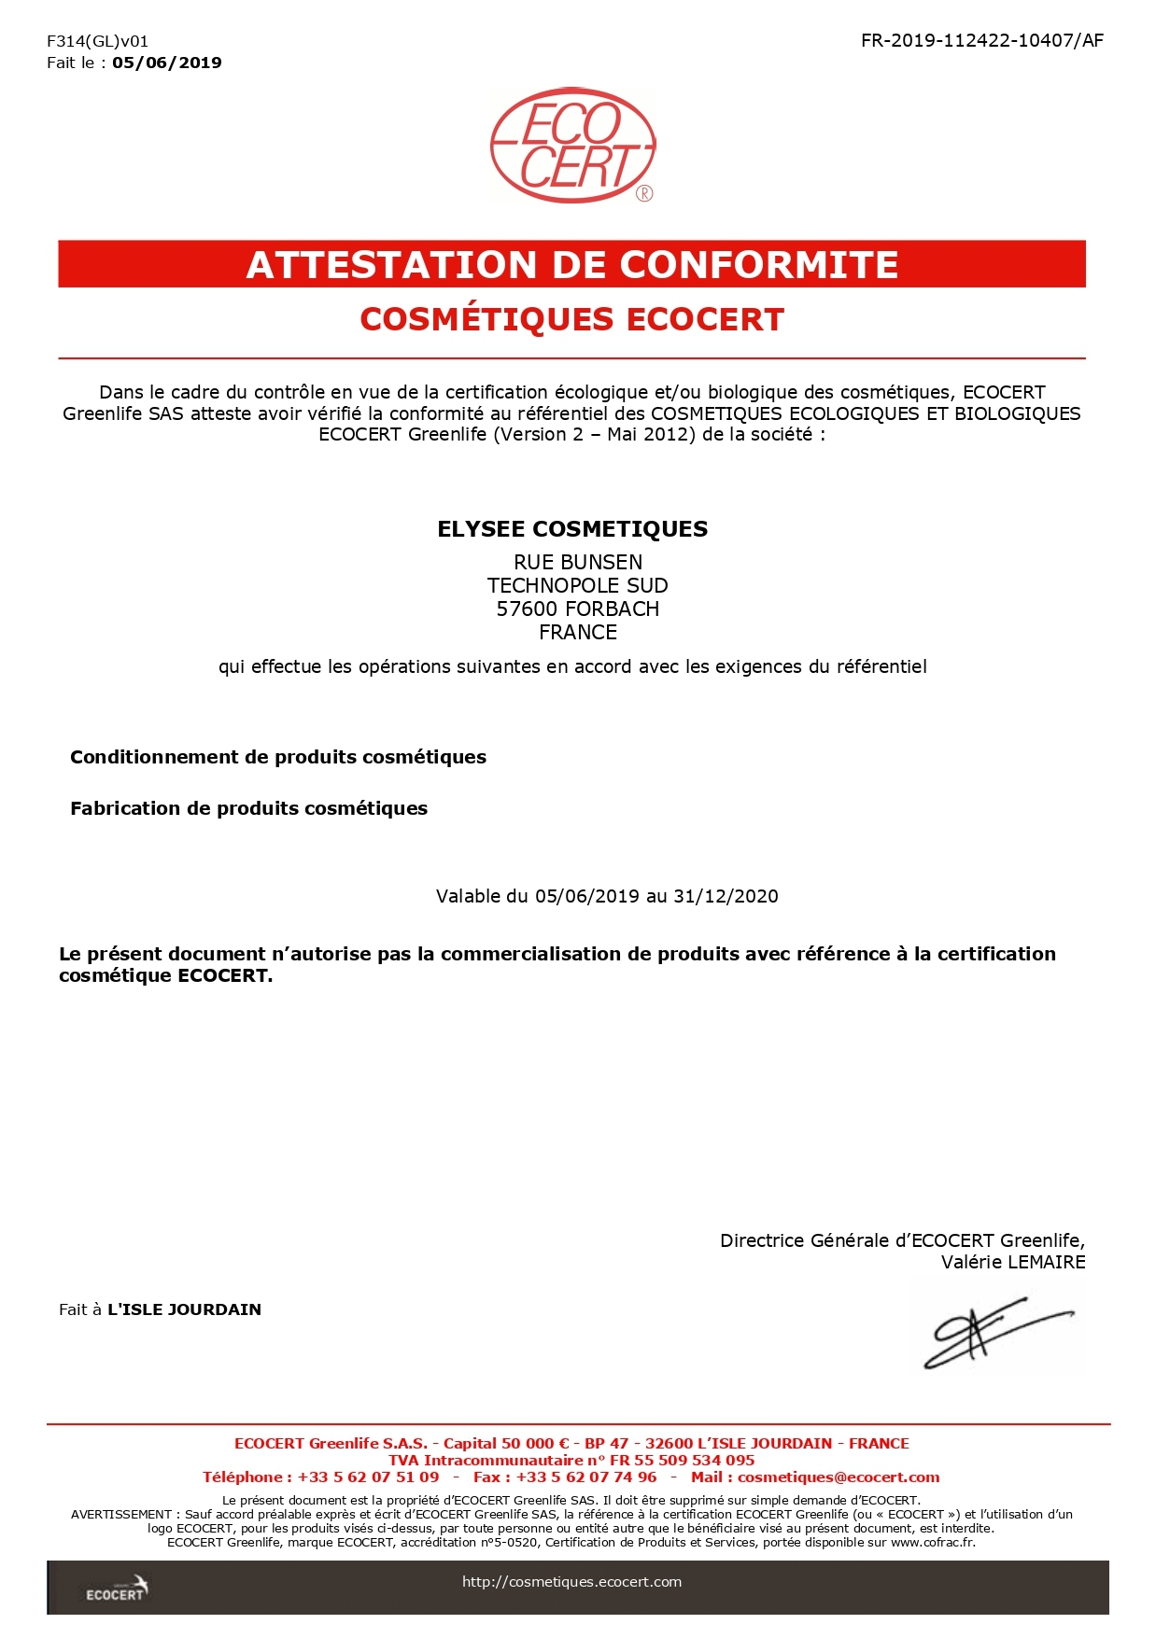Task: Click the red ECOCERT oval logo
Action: click(x=572, y=146)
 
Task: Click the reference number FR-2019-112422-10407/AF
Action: click(x=981, y=40)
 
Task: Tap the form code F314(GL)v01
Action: click(x=97, y=41)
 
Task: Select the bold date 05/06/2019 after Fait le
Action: click(x=167, y=63)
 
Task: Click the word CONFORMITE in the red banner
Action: click(x=758, y=265)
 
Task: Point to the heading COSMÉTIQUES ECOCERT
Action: click(x=571, y=319)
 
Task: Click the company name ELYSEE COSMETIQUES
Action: click(x=572, y=529)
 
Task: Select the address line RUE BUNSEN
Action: click(x=578, y=562)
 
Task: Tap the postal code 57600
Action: click(x=527, y=609)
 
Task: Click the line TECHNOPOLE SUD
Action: click(x=578, y=585)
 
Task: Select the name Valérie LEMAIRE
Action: click(x=1013, y=1262)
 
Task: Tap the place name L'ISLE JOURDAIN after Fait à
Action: click(x=184, y=1309)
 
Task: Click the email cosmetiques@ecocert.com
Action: click(x=839, y=1477)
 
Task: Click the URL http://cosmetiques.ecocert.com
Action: click(x=571, y=1582)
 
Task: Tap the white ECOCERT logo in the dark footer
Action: click(x=117, y=1589)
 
